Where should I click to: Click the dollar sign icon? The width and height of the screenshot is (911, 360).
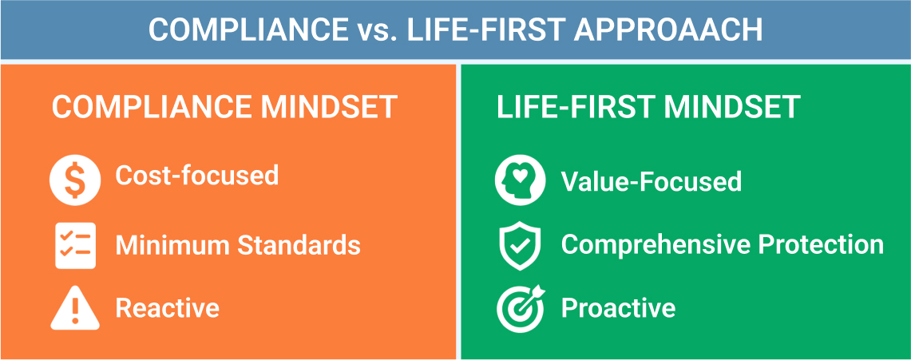(x=75, y=181)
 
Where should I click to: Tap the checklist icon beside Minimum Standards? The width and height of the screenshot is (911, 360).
(x=75, y=245)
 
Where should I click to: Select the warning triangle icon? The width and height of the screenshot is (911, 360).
(x=75, y=308)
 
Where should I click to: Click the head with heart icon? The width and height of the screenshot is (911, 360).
(x=521, y=181)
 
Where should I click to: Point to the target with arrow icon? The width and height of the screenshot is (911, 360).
(x=521, y=308)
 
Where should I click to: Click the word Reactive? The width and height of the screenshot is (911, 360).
(x=168, y=308)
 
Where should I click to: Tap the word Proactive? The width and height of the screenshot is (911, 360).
(x=618, y=308)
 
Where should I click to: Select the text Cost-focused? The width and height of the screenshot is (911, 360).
(x=196, y=176)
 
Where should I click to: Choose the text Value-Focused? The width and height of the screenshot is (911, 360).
(x=651, y=181)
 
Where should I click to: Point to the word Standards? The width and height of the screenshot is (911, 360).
(x=299, y=245)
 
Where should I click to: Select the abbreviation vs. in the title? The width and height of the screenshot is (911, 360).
(x=373, y=30)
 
